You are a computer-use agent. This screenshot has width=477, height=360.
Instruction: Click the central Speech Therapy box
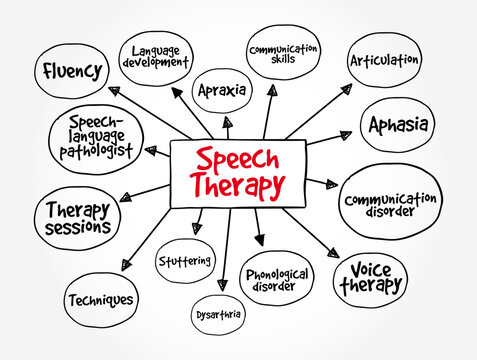coord(238,172)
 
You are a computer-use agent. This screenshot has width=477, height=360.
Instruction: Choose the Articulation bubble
coord(384,60)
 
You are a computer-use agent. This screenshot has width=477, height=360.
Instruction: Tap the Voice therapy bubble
coord(370,277)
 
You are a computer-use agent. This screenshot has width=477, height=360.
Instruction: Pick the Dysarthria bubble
coord(218,314)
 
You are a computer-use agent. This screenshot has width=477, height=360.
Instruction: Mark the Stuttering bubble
coord(185,262)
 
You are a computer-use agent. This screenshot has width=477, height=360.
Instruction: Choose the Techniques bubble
coord(100,298)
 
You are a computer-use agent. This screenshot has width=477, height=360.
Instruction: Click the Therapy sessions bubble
coord(77,218)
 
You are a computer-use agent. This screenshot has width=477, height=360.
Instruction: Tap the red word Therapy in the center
coord(240,186)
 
